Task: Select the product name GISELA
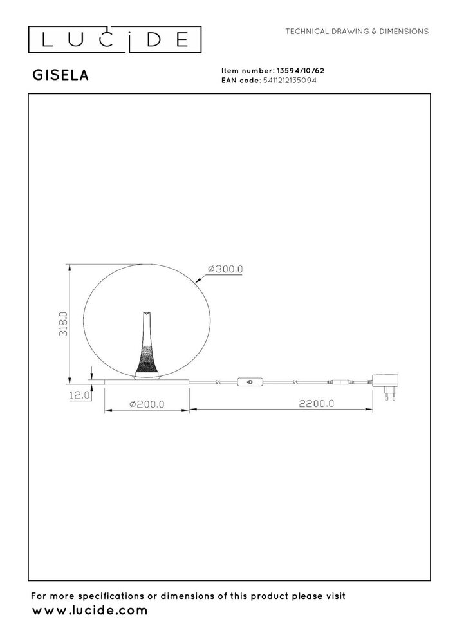[60, 75]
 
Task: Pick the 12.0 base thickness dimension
[79, 396]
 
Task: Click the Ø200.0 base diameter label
[147, 404]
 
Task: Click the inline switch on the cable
[249, 383]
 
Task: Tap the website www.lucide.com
[90, 610]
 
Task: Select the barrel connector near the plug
[340, 383]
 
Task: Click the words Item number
[247, 71]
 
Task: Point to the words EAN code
[239, 80]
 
